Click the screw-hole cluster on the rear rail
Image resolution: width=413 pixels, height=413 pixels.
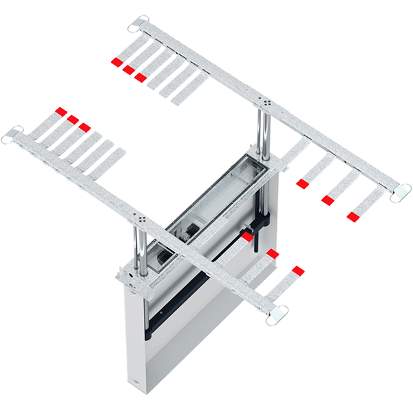click(264, 102)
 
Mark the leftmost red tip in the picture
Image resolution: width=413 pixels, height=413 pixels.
click(61, 112)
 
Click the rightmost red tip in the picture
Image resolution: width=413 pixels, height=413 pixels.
click(353, 217)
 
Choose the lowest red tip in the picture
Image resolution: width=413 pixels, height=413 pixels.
click(297, 269)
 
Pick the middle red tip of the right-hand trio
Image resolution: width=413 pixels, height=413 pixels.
click(328, 200)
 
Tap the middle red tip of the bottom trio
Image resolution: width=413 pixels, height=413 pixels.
click(273, 254)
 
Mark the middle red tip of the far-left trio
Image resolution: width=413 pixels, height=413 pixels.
click(73, 119)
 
